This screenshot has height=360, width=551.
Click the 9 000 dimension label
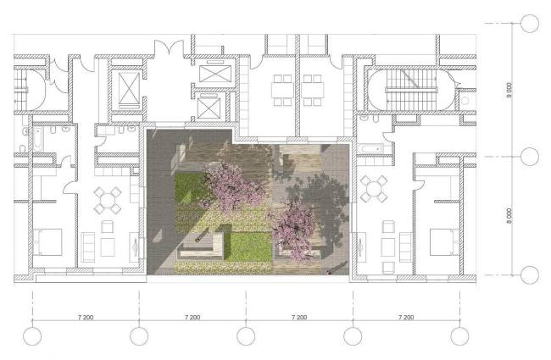pyautogui.click(x=509, y=90)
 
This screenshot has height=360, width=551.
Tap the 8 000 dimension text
pyautogui.click(x=509, y=216)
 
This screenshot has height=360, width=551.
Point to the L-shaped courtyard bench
pyautogui.click(x=202, y=248)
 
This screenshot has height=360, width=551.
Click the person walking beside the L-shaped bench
pyautogui.click(x=197, y=241)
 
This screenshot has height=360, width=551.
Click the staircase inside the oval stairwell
pyautogui.click(x=412, y=89)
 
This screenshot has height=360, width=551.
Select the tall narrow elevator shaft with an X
pyautogui.click(x=129, y=91)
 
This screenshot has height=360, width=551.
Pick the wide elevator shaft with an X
pyautogui.click(x=215, y=74)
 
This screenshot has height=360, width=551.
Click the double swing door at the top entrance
pyautogui.click(x=169, y=47)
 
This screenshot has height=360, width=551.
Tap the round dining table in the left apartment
pyautogui.click(x=108, y=201)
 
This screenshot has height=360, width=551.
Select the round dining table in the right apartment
pyautogui.click(x=374, y=189)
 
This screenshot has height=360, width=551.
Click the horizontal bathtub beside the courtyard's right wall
pyautogui.click(x=370, y=148)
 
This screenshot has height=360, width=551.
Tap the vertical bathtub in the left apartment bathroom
pyautogui.click(x=38, y=139)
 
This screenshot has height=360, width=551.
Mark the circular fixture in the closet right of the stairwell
pyautogui.click(x=465, y=101)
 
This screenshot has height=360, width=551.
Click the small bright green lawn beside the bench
pyautogui.click(x=248, y=246)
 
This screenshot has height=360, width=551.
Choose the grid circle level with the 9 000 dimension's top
pyautogui.click(x=530, y=24)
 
